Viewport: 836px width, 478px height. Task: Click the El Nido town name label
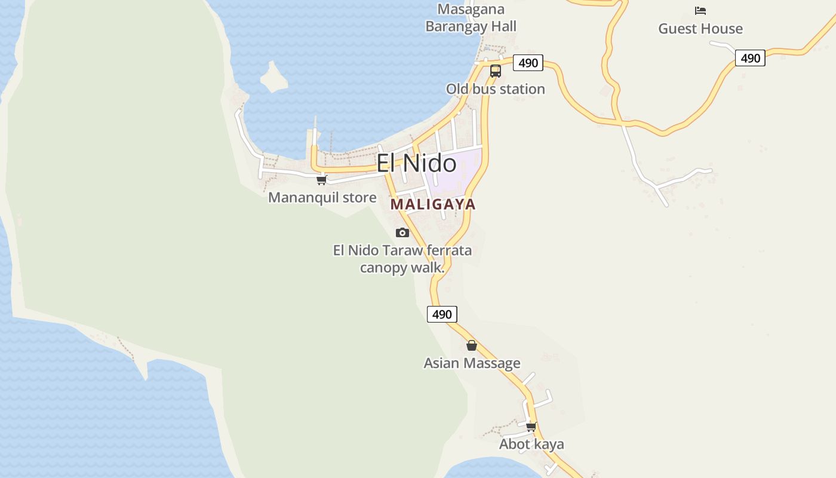416,163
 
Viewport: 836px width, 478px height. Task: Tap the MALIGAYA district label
433,204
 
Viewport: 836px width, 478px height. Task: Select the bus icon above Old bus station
495,71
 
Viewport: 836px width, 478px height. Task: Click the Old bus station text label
495,89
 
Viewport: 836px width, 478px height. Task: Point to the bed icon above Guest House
700,11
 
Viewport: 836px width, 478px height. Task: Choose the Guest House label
700,29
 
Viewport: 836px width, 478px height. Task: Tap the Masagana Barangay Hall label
471,18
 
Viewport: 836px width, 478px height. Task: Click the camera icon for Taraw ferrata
402,232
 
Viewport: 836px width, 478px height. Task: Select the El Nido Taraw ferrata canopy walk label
402,259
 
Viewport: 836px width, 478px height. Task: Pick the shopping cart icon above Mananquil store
321,180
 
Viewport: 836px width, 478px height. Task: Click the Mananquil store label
322,197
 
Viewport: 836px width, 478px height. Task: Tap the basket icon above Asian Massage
472,345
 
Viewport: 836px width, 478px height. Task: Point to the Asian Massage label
472,363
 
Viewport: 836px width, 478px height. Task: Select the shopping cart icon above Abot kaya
531,427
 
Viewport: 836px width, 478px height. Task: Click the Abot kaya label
531,445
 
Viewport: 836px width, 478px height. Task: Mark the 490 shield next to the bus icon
528,63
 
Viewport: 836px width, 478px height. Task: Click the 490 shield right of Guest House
750,58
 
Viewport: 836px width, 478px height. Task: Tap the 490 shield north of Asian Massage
442,314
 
